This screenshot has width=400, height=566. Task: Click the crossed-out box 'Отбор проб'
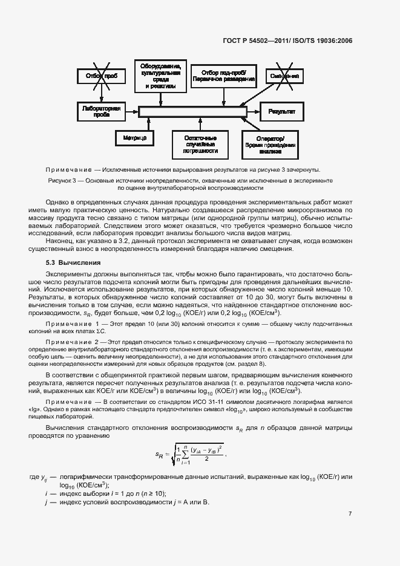click(101, 76)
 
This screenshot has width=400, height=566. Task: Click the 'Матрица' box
click(135, 138)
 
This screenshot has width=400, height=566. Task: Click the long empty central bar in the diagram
click(192, 112)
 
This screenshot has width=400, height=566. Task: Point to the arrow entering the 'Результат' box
click(254, 112)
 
